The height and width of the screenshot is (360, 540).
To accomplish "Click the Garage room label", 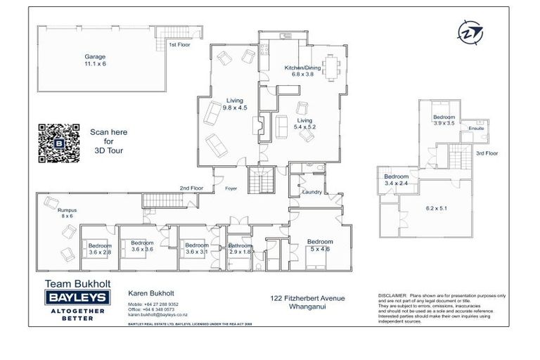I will (96, 60).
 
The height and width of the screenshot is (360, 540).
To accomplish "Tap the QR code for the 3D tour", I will (58, 143).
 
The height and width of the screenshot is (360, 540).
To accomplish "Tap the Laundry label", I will (311, 192).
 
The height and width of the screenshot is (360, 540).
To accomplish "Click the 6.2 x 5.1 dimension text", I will (437, 209).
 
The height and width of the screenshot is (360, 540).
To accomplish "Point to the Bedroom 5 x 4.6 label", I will (320, 245).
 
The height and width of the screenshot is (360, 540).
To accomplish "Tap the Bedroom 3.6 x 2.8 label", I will (99, 248).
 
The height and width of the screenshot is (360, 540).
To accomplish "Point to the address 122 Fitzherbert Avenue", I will (308, 299).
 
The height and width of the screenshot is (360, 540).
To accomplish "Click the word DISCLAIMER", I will (392, 296).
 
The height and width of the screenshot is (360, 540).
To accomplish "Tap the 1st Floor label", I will (179, 45).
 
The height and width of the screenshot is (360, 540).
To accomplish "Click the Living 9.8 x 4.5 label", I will (234, 104).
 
